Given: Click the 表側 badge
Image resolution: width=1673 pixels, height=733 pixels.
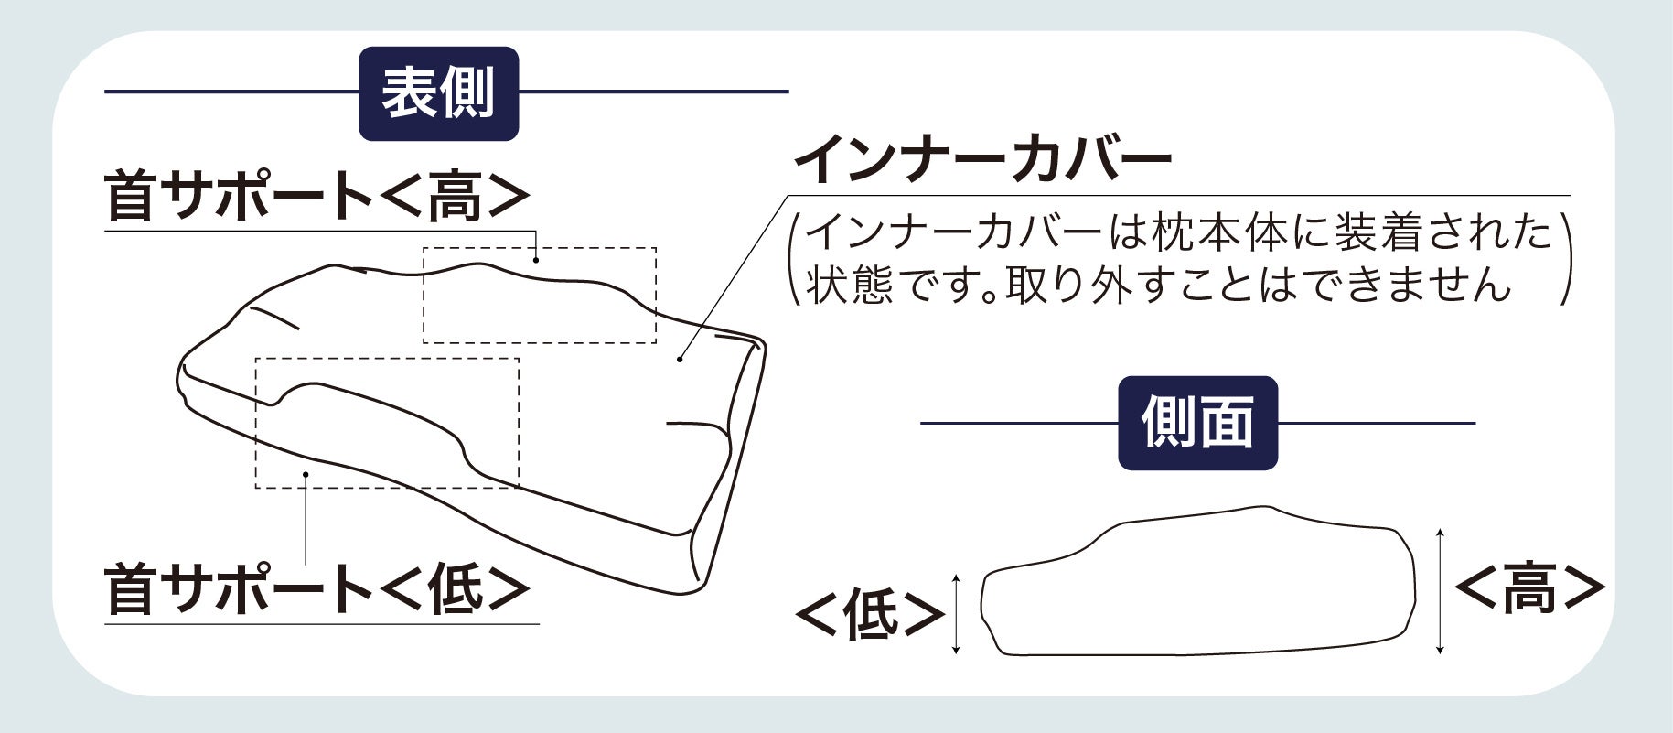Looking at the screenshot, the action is coord(438,93).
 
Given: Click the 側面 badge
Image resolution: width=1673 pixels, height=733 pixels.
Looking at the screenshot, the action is coord(1197,424).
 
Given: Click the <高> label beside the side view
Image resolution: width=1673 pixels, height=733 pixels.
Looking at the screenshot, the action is coord(1528,587).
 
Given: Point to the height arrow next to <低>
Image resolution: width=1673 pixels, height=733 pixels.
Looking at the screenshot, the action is coord(956,614).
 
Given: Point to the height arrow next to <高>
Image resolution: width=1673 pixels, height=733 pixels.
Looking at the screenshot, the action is coord(1440,590).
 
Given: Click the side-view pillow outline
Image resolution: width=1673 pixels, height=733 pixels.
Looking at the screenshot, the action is coord(1198,586).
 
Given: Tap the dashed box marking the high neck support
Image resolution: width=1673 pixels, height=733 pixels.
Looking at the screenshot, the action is coord(539,295).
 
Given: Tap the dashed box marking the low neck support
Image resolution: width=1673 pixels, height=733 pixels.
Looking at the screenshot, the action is coord(387,423).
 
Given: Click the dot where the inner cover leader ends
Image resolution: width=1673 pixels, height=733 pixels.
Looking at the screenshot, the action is coord(680,359).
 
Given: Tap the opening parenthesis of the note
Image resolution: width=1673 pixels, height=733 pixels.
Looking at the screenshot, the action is coord(795,261).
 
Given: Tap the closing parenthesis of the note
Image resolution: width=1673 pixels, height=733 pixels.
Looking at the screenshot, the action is coord(1565,261).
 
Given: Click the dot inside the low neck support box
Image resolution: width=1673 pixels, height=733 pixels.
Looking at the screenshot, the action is coord(306,473).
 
